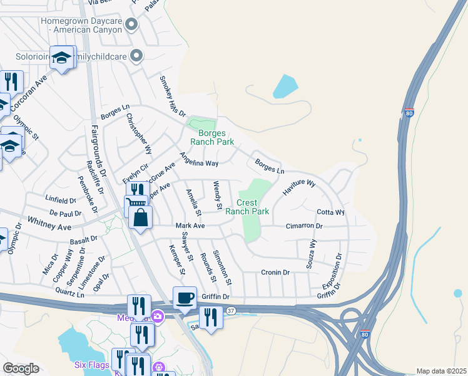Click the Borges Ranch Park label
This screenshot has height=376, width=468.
tap(216, 137)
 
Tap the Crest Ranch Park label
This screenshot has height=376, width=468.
tap(253, 207)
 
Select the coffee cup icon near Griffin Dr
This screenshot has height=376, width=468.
tap(184, 298)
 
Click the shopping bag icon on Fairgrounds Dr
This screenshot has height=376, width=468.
tap(140, 218)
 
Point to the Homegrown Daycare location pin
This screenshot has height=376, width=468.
tap(131, 25)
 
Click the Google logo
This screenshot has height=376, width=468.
tap(21, 368)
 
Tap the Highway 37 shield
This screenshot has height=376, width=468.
tap(231, 310)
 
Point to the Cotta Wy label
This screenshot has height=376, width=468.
tap(330, 212)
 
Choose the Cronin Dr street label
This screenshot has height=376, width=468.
tap(275, 273)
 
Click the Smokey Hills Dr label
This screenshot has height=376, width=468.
tap(172, 97)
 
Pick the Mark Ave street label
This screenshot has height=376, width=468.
tap(190, 226)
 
